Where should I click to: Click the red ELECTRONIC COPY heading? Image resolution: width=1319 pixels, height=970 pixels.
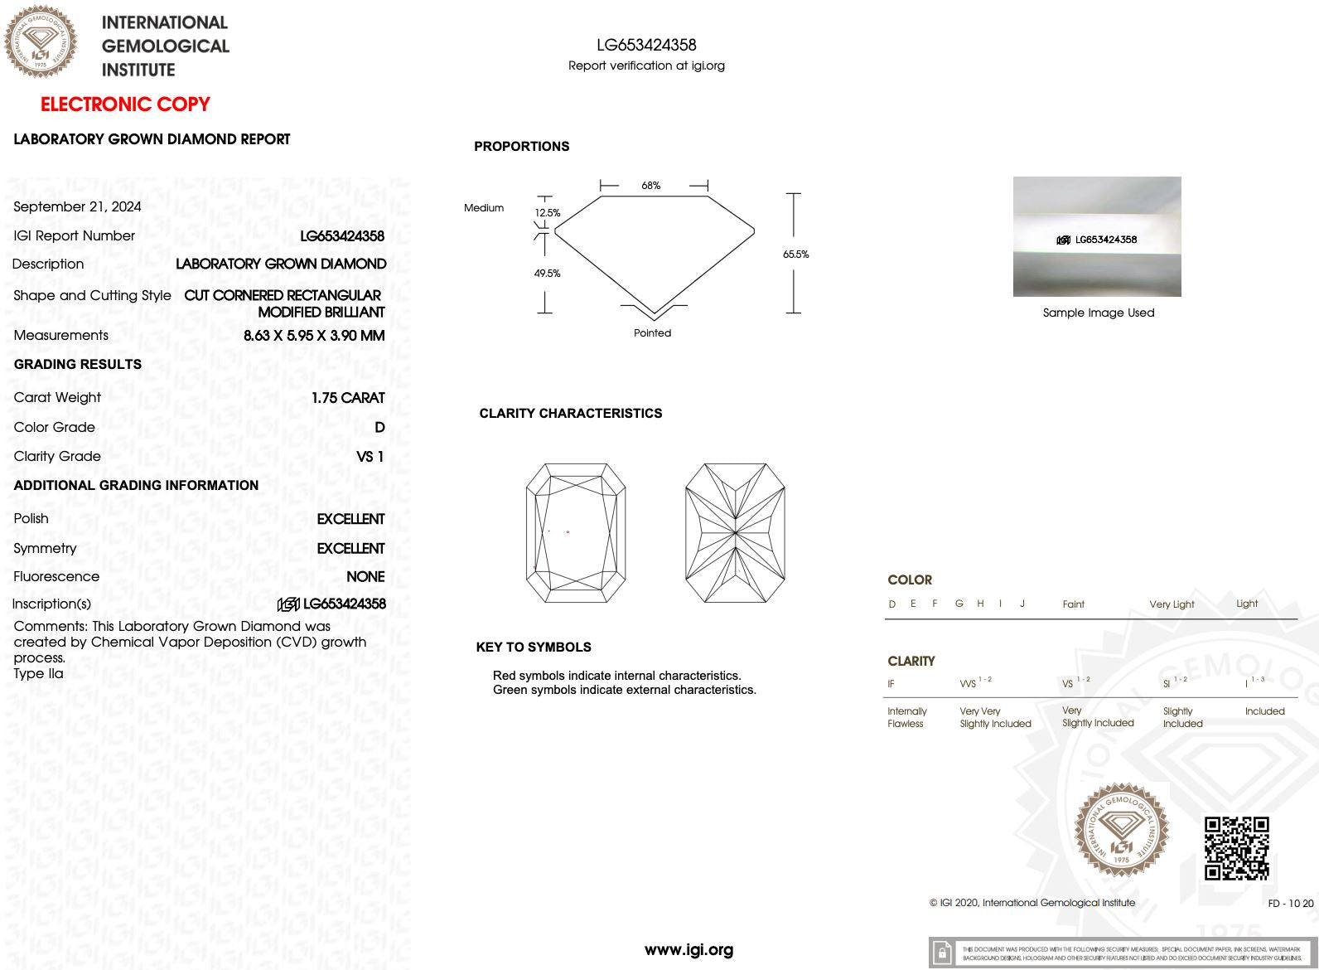[x=125, y=104]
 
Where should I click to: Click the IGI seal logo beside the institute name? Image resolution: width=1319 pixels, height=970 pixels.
[x=40, y=41]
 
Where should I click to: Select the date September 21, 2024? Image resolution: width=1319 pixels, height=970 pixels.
[x=77, y=206]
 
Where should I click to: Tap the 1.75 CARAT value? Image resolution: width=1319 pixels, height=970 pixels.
[x=348, y=398]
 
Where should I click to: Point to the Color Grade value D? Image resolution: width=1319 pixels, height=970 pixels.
[x=379, y=427]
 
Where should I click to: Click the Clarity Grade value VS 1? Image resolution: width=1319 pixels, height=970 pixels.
[x=370, y=457]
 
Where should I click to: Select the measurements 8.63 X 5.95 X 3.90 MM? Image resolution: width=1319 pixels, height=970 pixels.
[x=314, y=336]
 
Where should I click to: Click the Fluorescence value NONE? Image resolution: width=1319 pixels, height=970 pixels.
[x=365, y=576]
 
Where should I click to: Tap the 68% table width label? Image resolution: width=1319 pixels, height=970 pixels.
[x=651, y=186]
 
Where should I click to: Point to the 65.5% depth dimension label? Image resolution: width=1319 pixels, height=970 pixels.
[x=795, y=255]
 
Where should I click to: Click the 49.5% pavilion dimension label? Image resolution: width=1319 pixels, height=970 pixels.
[x=547, y=274]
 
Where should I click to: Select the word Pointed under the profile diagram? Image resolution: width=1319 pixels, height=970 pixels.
[x=652, y=333]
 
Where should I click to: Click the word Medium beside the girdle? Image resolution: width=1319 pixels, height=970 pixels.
[x=484, y=208]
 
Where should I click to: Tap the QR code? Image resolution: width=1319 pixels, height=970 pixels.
[x=1236, y=848]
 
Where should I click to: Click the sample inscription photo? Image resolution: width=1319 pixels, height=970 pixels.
[x=1097, y=236]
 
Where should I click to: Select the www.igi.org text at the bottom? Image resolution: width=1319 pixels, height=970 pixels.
[x=688, y=950]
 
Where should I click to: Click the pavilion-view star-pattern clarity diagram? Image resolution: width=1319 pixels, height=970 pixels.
[x=735, y=533]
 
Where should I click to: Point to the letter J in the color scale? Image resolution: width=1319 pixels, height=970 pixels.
[x=1022, y=604]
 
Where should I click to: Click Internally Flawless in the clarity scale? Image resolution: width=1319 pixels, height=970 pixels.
[x=906, y=717]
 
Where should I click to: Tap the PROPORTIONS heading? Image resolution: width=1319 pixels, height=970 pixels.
[x=521, y=147]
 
